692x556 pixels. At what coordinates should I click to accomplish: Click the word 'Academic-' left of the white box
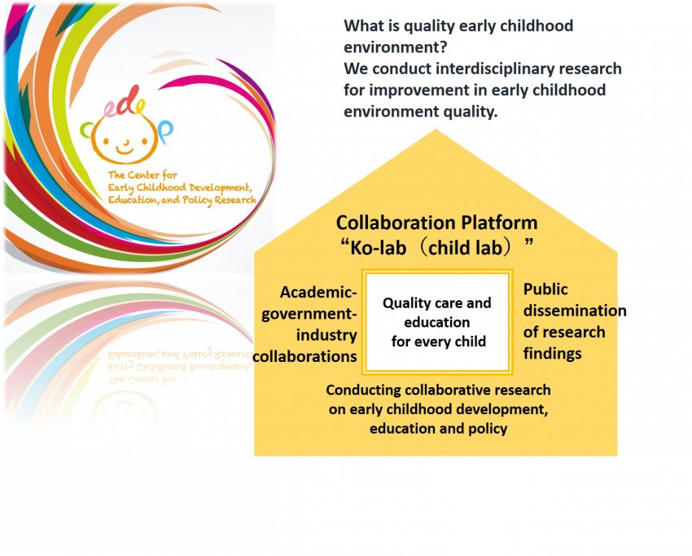[318, 293]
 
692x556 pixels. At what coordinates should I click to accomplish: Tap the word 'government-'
[309, 314]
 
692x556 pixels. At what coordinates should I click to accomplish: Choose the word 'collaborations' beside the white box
[305, 356]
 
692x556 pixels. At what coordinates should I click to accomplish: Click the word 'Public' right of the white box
[545, 289]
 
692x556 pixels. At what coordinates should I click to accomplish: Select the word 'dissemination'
[575, 311]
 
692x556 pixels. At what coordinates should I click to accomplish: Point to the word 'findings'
[553, 354]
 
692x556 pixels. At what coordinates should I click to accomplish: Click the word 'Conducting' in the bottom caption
[363, 391]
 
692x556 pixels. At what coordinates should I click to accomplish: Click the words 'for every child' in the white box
[439, 342]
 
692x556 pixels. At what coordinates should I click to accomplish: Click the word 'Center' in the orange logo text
[144, 175]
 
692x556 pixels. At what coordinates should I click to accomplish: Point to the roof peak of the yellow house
[436, 130]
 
